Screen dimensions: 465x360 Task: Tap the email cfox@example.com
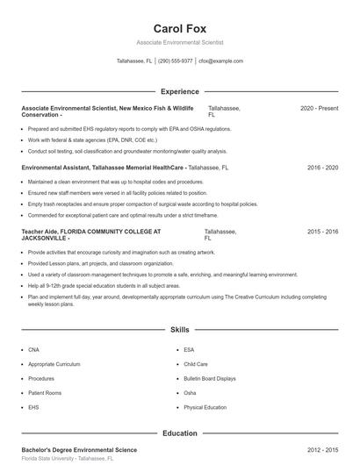click(220, 61)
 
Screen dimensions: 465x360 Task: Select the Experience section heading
click(179, 91)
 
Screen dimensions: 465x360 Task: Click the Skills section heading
click(179, 330)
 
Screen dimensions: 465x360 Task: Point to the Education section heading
click(179, 433)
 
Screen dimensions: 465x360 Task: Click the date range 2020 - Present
click(319, 108)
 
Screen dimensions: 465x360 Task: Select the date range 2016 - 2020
click(322, 167)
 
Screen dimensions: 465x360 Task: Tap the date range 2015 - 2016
click(322, 232)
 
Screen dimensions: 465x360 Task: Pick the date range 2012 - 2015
click(322, 449)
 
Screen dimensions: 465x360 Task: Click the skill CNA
click(33, 349)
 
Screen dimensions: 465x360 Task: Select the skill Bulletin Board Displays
click(210, 378)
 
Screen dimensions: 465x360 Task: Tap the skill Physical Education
click(205, 407)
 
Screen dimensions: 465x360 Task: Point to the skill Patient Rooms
click(44, 393)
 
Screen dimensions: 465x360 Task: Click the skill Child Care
click(195, 364)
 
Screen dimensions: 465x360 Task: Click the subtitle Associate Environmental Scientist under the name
click(179, 42)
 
